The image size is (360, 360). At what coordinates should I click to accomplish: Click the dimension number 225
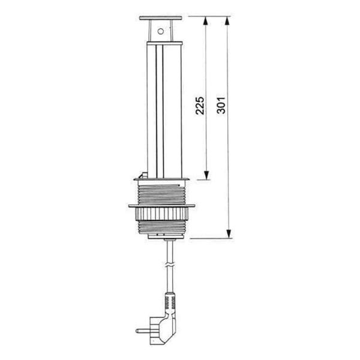tap(200, 105)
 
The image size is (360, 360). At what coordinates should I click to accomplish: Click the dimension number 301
tap(221, 105)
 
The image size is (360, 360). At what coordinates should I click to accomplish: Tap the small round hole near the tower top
tap(160, 30)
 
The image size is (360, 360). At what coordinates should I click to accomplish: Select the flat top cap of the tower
tap(160, 18)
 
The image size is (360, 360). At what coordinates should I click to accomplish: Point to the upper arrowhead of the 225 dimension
tap(206, 22)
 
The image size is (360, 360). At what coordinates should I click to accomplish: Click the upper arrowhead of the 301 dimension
tap(227, 22)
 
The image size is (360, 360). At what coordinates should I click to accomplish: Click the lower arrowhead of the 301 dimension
tap(227, 233)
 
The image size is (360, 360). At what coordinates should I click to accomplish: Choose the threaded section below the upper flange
tap(162, 193)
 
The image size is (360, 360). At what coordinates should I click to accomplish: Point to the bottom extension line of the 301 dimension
tap(210, 238)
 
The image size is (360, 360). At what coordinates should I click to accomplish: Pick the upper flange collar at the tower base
tap(162, 179)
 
